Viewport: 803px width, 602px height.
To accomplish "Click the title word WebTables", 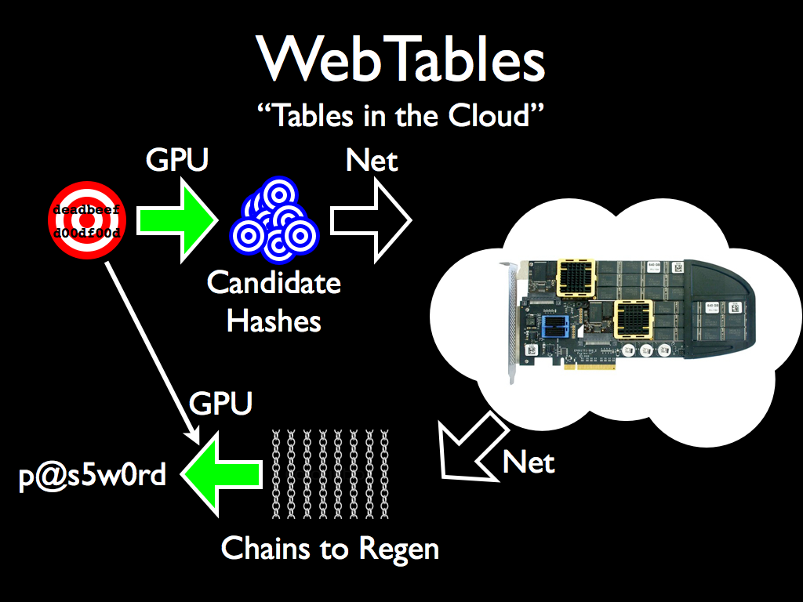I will pyautogui.click(x=401, y=60).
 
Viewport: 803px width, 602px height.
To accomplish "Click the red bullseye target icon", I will pyautogui.click(x=86, y=222).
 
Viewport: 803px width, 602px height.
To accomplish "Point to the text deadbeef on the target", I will pyautogui.click(x=86, y=210).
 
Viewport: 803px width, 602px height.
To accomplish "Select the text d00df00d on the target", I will pyautogui.click(x=86, y=234).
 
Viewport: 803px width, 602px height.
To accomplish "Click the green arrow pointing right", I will pyautogui.click(x=176, y=221).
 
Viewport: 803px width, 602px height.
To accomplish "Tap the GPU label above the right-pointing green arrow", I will pyautogui.click(x=178, y=161).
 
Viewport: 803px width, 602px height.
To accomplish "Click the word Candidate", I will pyautogui.click(x=274, y=283).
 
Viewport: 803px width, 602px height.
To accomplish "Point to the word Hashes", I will pyautogui.click(x=274, y=320).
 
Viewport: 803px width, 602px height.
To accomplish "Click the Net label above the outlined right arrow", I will pyautogui.click(x=372, y=161).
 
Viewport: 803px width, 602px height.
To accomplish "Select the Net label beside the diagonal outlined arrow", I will pyautogui.click(x=529, y=462).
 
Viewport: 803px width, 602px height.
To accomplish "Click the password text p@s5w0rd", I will pyautogui.click(x=93, y=475).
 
